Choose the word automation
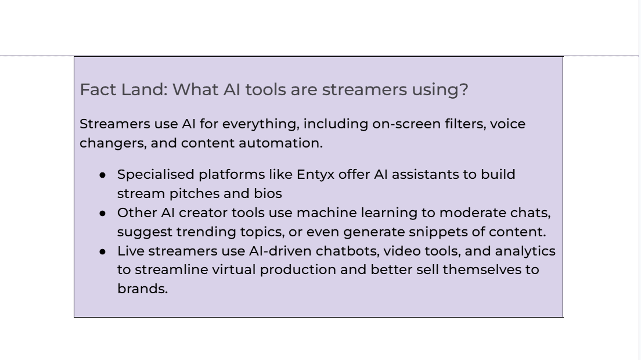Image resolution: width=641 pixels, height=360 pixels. click(280, 143)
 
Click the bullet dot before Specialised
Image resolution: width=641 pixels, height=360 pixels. click(102, 175)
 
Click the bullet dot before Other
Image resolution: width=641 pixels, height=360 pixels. click(102, 213)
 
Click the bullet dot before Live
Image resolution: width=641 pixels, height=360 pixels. click(102, 251)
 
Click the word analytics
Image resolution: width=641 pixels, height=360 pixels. click(525, 251)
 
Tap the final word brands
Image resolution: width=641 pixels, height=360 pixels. click(142, 289)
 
